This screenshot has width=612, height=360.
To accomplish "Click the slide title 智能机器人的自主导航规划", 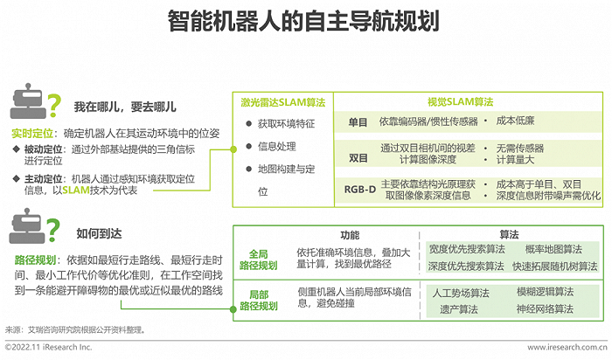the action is click(x=303, y=21).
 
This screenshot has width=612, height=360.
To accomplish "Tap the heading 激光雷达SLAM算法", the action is click(x=283, y=102).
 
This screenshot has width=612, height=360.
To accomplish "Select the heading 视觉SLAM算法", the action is click(x=460, y=102).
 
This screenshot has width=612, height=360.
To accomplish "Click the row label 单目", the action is click(x=358, y=122).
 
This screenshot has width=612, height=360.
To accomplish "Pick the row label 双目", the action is click(x=358, y=158).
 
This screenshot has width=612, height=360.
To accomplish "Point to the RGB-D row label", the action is click(x=360, y=190).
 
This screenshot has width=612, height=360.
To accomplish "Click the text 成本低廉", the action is click(x=515, y=121).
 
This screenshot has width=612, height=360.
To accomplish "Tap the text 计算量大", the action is click(x=515, y=160).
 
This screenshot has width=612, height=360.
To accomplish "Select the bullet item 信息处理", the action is click(x=277, y=147).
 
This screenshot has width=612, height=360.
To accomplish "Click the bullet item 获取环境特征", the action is click(x=286, y=124).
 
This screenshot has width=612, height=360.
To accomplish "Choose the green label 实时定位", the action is click(x=32, y=134).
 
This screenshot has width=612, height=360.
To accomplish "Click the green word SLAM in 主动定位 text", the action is click(x=76, y=190).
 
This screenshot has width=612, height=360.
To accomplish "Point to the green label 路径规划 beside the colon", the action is click(x=35, y=260).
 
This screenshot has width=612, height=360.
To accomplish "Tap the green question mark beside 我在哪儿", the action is click(x=54, y=106).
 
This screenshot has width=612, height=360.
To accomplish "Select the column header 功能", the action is click(x=350, y=235).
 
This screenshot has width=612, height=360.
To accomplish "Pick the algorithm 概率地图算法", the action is click(x=553, y=249).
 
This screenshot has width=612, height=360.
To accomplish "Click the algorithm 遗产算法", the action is click(x=459, y=309).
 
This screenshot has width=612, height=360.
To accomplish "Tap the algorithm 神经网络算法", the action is click(x=545, y=309).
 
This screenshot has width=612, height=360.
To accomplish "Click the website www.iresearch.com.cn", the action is click(x=567, y=347).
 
